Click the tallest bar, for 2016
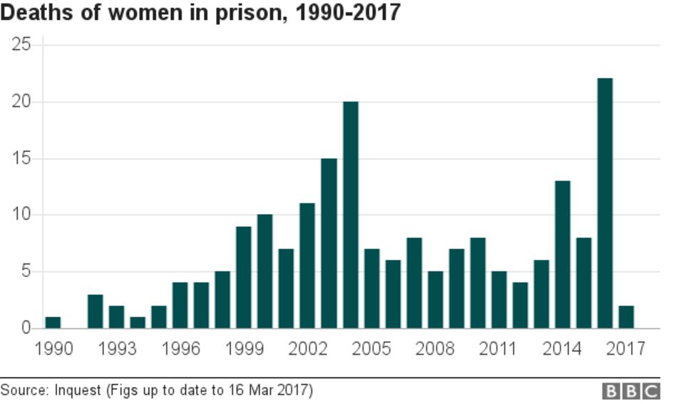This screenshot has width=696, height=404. coord(605,203)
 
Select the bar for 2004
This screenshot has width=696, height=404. coord(350,215)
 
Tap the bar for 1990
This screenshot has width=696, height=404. coord(53,323)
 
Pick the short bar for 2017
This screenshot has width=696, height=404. coord(626,317)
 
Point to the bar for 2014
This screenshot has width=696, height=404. coord(563,255)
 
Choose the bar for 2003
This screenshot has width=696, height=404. coord(329,243)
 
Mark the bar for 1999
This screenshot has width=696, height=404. coord(244,277)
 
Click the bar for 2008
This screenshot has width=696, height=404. coord(435,300)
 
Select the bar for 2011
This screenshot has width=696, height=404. coord(499,300)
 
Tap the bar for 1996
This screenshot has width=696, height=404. coord(180,305)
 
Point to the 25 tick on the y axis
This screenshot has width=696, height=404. coord(21,45)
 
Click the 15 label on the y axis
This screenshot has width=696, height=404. coord(21,158)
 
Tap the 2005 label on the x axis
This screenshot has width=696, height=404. coord(372,349)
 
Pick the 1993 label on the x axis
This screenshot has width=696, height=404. coord(117,349)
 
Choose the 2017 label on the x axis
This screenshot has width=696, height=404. coord(626,349)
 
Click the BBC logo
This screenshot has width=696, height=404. coord(632,391)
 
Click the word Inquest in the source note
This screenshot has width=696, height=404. coord(77,390)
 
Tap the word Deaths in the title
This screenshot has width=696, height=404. coord(34,13)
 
